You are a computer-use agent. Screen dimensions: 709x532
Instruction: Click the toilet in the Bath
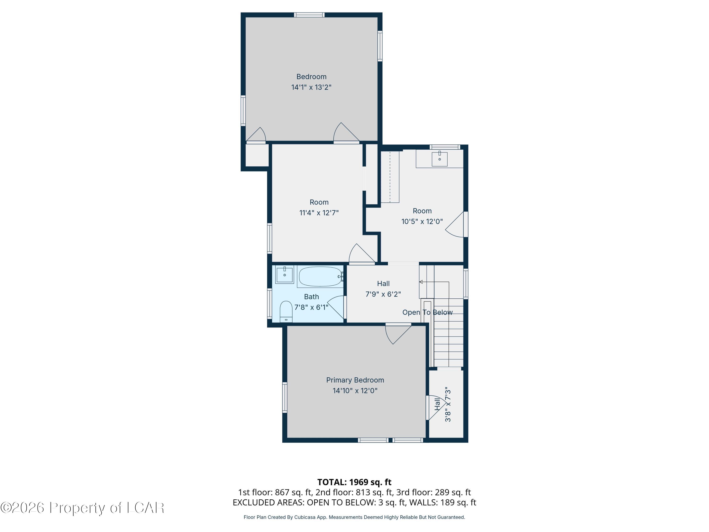pyautogui.click(x=286, y=311)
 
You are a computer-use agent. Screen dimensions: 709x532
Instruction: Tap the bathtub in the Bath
pyautogui.click(x=320, y=276)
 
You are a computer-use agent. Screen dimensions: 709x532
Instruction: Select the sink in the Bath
pyautogui.click(x=284, y=275)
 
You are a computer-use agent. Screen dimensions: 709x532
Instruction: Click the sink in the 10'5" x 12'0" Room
pyautogui.click(x=439, y=159)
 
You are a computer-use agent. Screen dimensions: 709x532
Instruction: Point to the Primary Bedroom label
pyautogui.click(x=355, y=380)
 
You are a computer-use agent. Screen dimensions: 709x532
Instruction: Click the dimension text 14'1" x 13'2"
pyautogui.click(x=311, y=87)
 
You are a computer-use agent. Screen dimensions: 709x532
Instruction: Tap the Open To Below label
pyautogui.click(x=427, y=312)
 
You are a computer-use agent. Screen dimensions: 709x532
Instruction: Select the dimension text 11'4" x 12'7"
pyautogui.click(x=319, y=213)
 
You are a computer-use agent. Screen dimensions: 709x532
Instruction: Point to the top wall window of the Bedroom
pyautogui.click(x=309, y=15)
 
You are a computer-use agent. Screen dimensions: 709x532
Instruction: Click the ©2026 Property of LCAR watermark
pyautogui.click(x=82, y=508)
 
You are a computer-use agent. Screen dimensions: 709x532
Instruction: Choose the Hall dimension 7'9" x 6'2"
pyautogui.click(x=383, y=294)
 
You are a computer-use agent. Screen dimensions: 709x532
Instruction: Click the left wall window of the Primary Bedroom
pyautogui.click(x=285, y=397)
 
